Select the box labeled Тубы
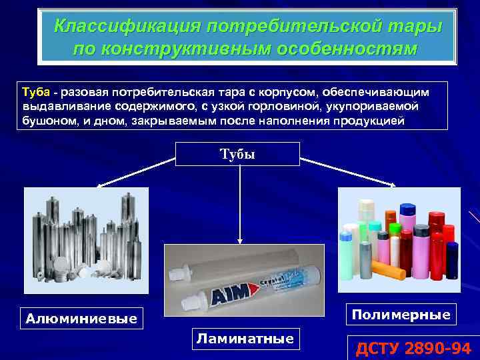pos(237,154)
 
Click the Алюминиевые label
pos(81,319)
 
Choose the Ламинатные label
pos(245,339)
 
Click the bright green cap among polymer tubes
pos(395,230)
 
